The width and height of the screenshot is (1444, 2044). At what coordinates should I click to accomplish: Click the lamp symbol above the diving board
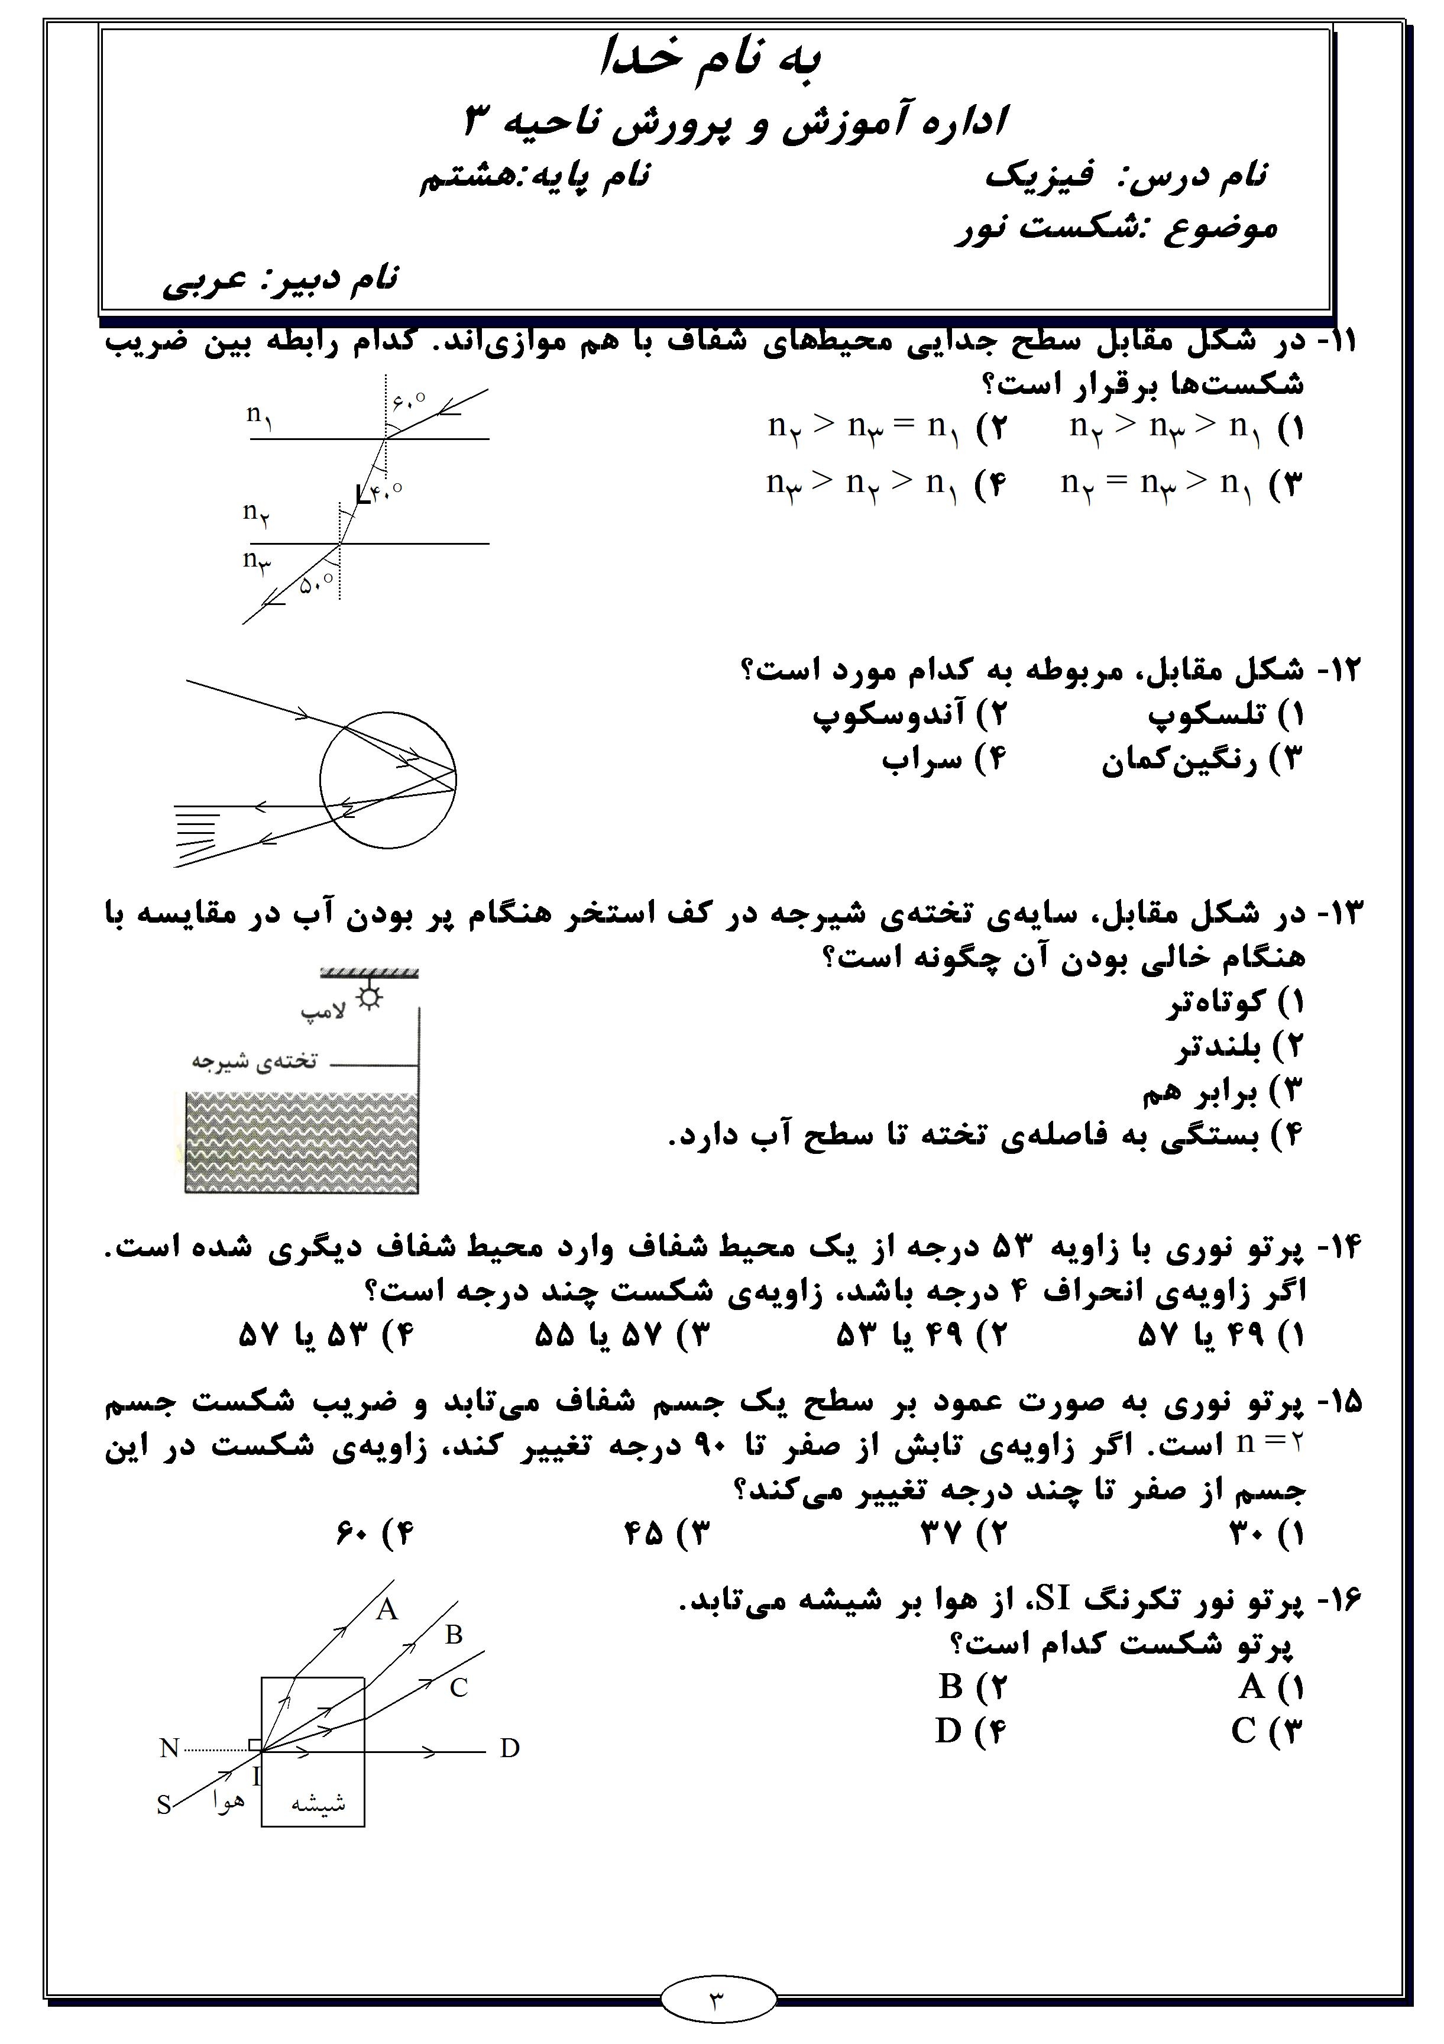coord(368,998)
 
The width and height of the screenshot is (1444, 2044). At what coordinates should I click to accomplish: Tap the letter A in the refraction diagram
coord(386,1609)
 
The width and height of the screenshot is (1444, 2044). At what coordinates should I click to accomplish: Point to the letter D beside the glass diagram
coord(509,1748)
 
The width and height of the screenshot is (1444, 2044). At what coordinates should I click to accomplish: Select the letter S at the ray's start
coord(164,1806)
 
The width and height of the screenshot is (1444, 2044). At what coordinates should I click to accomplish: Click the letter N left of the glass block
coord(169,1748)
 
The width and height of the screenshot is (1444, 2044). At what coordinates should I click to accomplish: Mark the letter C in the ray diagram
coord(458,1688)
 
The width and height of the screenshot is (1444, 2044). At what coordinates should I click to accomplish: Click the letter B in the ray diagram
coord(454,1635)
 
